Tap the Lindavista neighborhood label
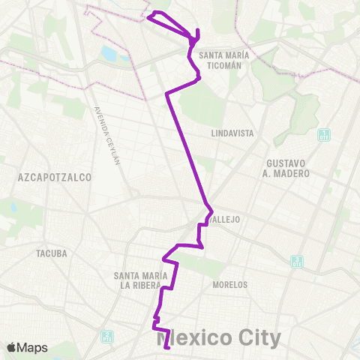[x=233, y=133]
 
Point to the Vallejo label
[x=225, y=219]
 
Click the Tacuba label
[x=52, y=253]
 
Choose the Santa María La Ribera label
[x=140, y=280]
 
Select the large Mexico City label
[x=219, y=338]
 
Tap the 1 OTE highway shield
[x=324, y=136]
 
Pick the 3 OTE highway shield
[x=298, y=261]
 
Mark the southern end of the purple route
[x=167, y=347]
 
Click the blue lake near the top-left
[x=109, y=54]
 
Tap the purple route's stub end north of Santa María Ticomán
[x=197, y=30]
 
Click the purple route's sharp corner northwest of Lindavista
[x=166, y=94]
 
